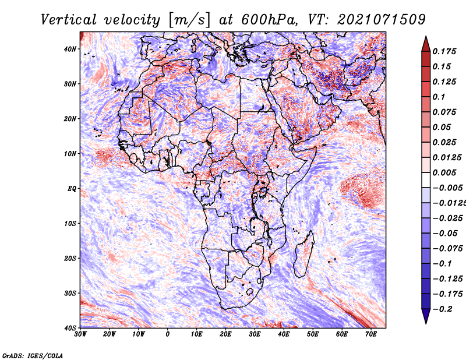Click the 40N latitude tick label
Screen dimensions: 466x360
point(70,49)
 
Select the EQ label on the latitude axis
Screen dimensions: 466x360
point(72,189)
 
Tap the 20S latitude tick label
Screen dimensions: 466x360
point(70,258)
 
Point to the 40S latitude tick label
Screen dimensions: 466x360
point(70,328)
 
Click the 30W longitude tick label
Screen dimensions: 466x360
point(80,334)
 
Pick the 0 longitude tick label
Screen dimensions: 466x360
point(168,334)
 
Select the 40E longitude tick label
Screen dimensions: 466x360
point(284,334)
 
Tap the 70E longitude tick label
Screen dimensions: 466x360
point(371,334)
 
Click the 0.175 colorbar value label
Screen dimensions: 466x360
point(444,51)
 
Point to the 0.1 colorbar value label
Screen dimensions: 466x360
point(439,97)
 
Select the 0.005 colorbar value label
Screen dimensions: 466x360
point(444,172)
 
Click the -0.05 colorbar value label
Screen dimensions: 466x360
point(446,234)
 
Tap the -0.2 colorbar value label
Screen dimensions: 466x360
point(443,309)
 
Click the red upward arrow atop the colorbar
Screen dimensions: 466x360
point(426,44)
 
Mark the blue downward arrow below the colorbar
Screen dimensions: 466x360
point(426,316)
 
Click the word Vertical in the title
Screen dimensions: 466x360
point(68,20)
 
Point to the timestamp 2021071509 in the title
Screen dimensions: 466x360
point(382,20)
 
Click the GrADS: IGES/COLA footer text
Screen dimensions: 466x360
point(33,356)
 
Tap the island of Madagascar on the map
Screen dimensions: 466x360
point(304,254)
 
